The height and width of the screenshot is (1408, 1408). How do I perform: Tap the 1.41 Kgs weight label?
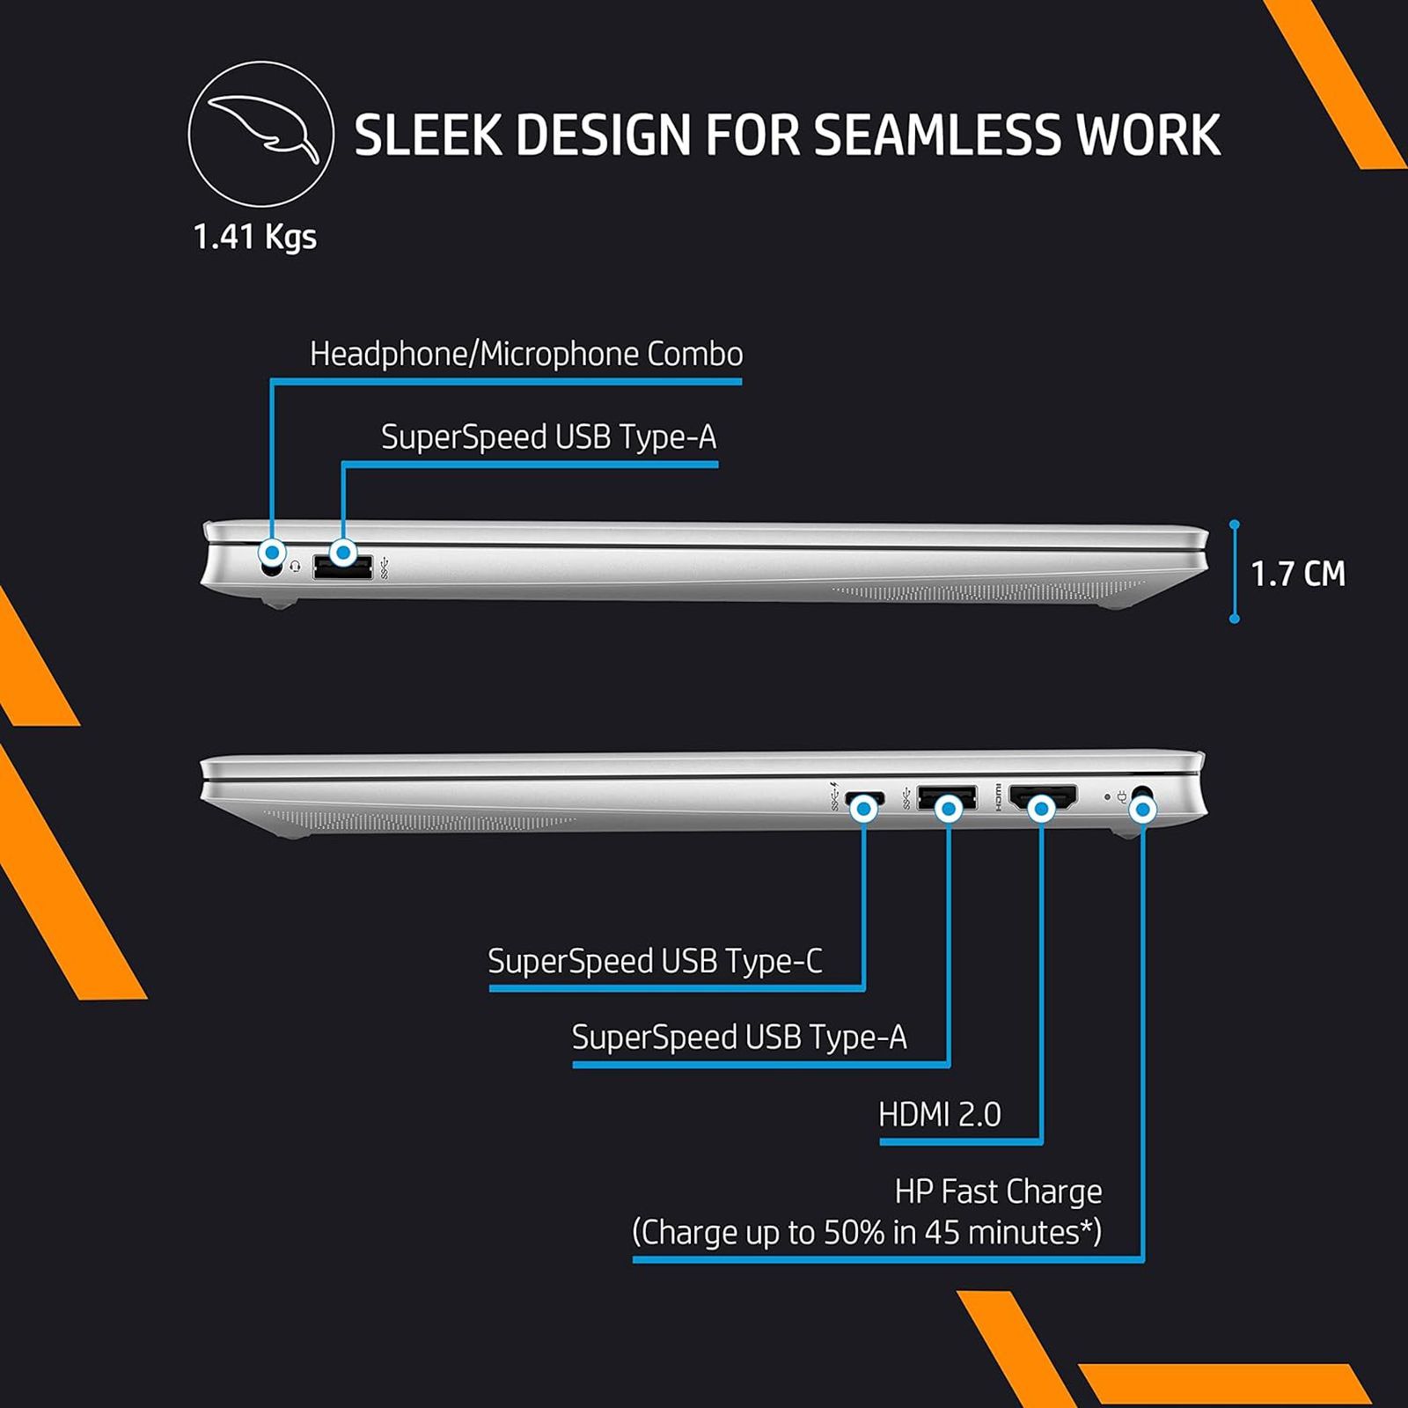(254, 237)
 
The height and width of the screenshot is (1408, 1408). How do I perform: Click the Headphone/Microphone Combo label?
(526, 355)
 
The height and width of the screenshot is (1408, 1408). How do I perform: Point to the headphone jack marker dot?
(273, 554)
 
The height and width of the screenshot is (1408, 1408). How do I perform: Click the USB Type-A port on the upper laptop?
(342, 568)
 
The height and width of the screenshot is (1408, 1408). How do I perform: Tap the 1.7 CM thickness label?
(1297, 574)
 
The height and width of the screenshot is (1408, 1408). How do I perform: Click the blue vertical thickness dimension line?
(1235, 572)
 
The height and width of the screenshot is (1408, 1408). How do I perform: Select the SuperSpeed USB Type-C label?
(655, 961)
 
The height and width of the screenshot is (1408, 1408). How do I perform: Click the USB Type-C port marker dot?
(865, 808)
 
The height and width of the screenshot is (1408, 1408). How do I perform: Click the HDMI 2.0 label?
(939, 1115)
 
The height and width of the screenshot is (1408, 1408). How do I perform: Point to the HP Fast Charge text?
(998, 1192)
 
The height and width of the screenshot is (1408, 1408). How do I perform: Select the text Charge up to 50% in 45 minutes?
(866, 1232)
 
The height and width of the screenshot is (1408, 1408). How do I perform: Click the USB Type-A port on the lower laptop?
(947, 797)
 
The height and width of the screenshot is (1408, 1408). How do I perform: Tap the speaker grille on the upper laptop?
(986, 591)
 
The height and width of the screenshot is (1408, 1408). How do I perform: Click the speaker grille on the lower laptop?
(422, 820)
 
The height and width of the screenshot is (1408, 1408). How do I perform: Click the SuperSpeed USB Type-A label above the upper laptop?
(548, 437)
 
